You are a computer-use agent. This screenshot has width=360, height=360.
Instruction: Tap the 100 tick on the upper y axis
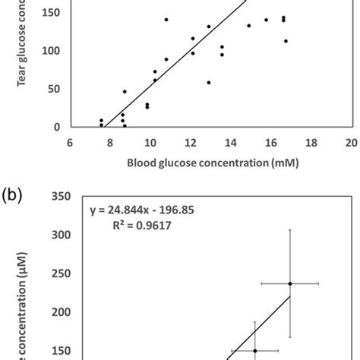tap(51, 51)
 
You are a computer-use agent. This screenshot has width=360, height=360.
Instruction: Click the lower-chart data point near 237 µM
tap(290, 283)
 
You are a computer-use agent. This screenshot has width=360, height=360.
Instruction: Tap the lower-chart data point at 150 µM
tap(254, 351)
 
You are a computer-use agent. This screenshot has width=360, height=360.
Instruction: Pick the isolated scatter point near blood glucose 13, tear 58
tap(209, 82)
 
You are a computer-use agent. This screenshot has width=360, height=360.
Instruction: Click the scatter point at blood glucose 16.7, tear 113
tap(286, 41)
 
